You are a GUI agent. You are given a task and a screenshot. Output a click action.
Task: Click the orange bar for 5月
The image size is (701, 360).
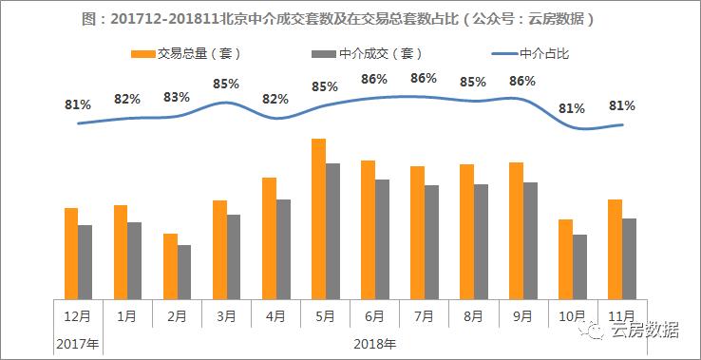click(318, 218)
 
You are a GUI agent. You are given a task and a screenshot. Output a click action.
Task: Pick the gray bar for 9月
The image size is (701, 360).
click(530, 239)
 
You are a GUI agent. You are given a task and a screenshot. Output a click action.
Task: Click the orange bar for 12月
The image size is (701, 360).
click(71, 252)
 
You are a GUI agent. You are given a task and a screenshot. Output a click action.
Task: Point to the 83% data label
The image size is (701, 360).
click(177, 97)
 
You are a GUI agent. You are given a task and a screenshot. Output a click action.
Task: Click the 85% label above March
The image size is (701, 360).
click(226, 84)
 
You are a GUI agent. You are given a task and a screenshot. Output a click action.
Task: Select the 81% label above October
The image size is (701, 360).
click(572, 108)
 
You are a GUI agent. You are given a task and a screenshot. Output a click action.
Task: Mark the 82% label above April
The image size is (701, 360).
click(275, 99)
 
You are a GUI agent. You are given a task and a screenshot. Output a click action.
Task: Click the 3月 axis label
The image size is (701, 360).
click(226, 315)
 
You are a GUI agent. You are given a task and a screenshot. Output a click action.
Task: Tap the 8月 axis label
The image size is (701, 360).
click(473, 315)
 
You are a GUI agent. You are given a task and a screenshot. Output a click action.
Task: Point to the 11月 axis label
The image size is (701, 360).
click(621, 315)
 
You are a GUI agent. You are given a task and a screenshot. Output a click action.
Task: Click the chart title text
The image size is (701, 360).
click(350, 19)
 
